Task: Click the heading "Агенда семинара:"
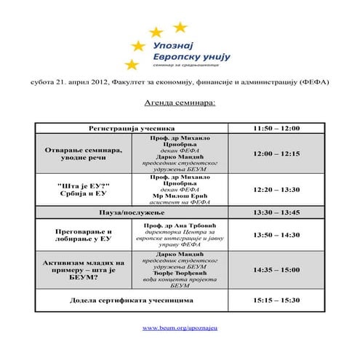coord(180,104)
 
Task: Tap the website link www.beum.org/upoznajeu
coord(180,328)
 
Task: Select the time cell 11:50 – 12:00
coord(276,128)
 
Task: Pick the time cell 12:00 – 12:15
coord(276,153)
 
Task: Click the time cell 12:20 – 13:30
coord(276,189)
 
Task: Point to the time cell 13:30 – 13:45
coord(276,212)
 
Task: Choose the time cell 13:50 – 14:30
coord(276,235)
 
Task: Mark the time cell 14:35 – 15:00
coord(276,269)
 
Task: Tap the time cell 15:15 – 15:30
coord(276,300)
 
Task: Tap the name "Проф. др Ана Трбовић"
coord(179,226)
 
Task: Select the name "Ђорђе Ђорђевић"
coord(179,273)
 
